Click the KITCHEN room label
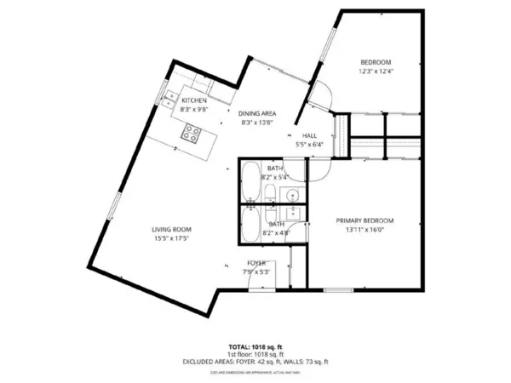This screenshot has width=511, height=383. tap(194, 101)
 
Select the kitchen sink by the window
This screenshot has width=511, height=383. tap(169, 95)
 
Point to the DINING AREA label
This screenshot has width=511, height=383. tap(256, 114)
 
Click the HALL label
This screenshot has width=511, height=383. tap(310, 136)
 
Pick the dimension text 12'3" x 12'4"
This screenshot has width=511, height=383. tap(375, 71)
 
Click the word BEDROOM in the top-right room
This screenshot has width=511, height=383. tap(375, 63)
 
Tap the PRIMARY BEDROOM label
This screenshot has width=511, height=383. tap(364, 220)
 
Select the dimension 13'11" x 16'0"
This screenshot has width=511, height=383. tap(364, 230)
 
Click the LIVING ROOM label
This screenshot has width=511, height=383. tap(171, 230)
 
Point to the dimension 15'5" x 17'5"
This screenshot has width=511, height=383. tap(171, 239)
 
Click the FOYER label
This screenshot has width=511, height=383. tap(257, 263)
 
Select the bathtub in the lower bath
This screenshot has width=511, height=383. tap(251, 226)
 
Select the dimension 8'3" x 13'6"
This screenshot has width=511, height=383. tap(256, 123)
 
